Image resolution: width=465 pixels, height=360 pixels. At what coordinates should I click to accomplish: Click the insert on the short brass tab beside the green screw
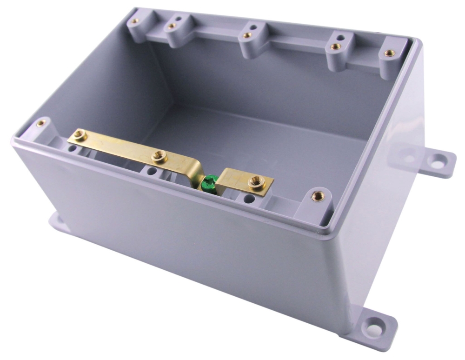click(x=255, y=181)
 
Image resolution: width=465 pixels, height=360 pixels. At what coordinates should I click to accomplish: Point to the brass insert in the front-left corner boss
click(x=41, y=123)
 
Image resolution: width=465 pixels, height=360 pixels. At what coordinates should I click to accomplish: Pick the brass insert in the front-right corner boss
click(x=318, y=195)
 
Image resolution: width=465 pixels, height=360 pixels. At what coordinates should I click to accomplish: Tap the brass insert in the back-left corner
click(x=134, y=21)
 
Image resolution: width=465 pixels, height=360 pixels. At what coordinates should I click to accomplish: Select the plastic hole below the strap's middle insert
click(x=152, y=171)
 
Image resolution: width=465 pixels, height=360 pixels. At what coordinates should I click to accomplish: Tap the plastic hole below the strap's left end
click(x=73, y=149)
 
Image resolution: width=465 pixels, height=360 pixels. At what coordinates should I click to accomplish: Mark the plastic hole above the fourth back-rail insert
click(x=341, y=37)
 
